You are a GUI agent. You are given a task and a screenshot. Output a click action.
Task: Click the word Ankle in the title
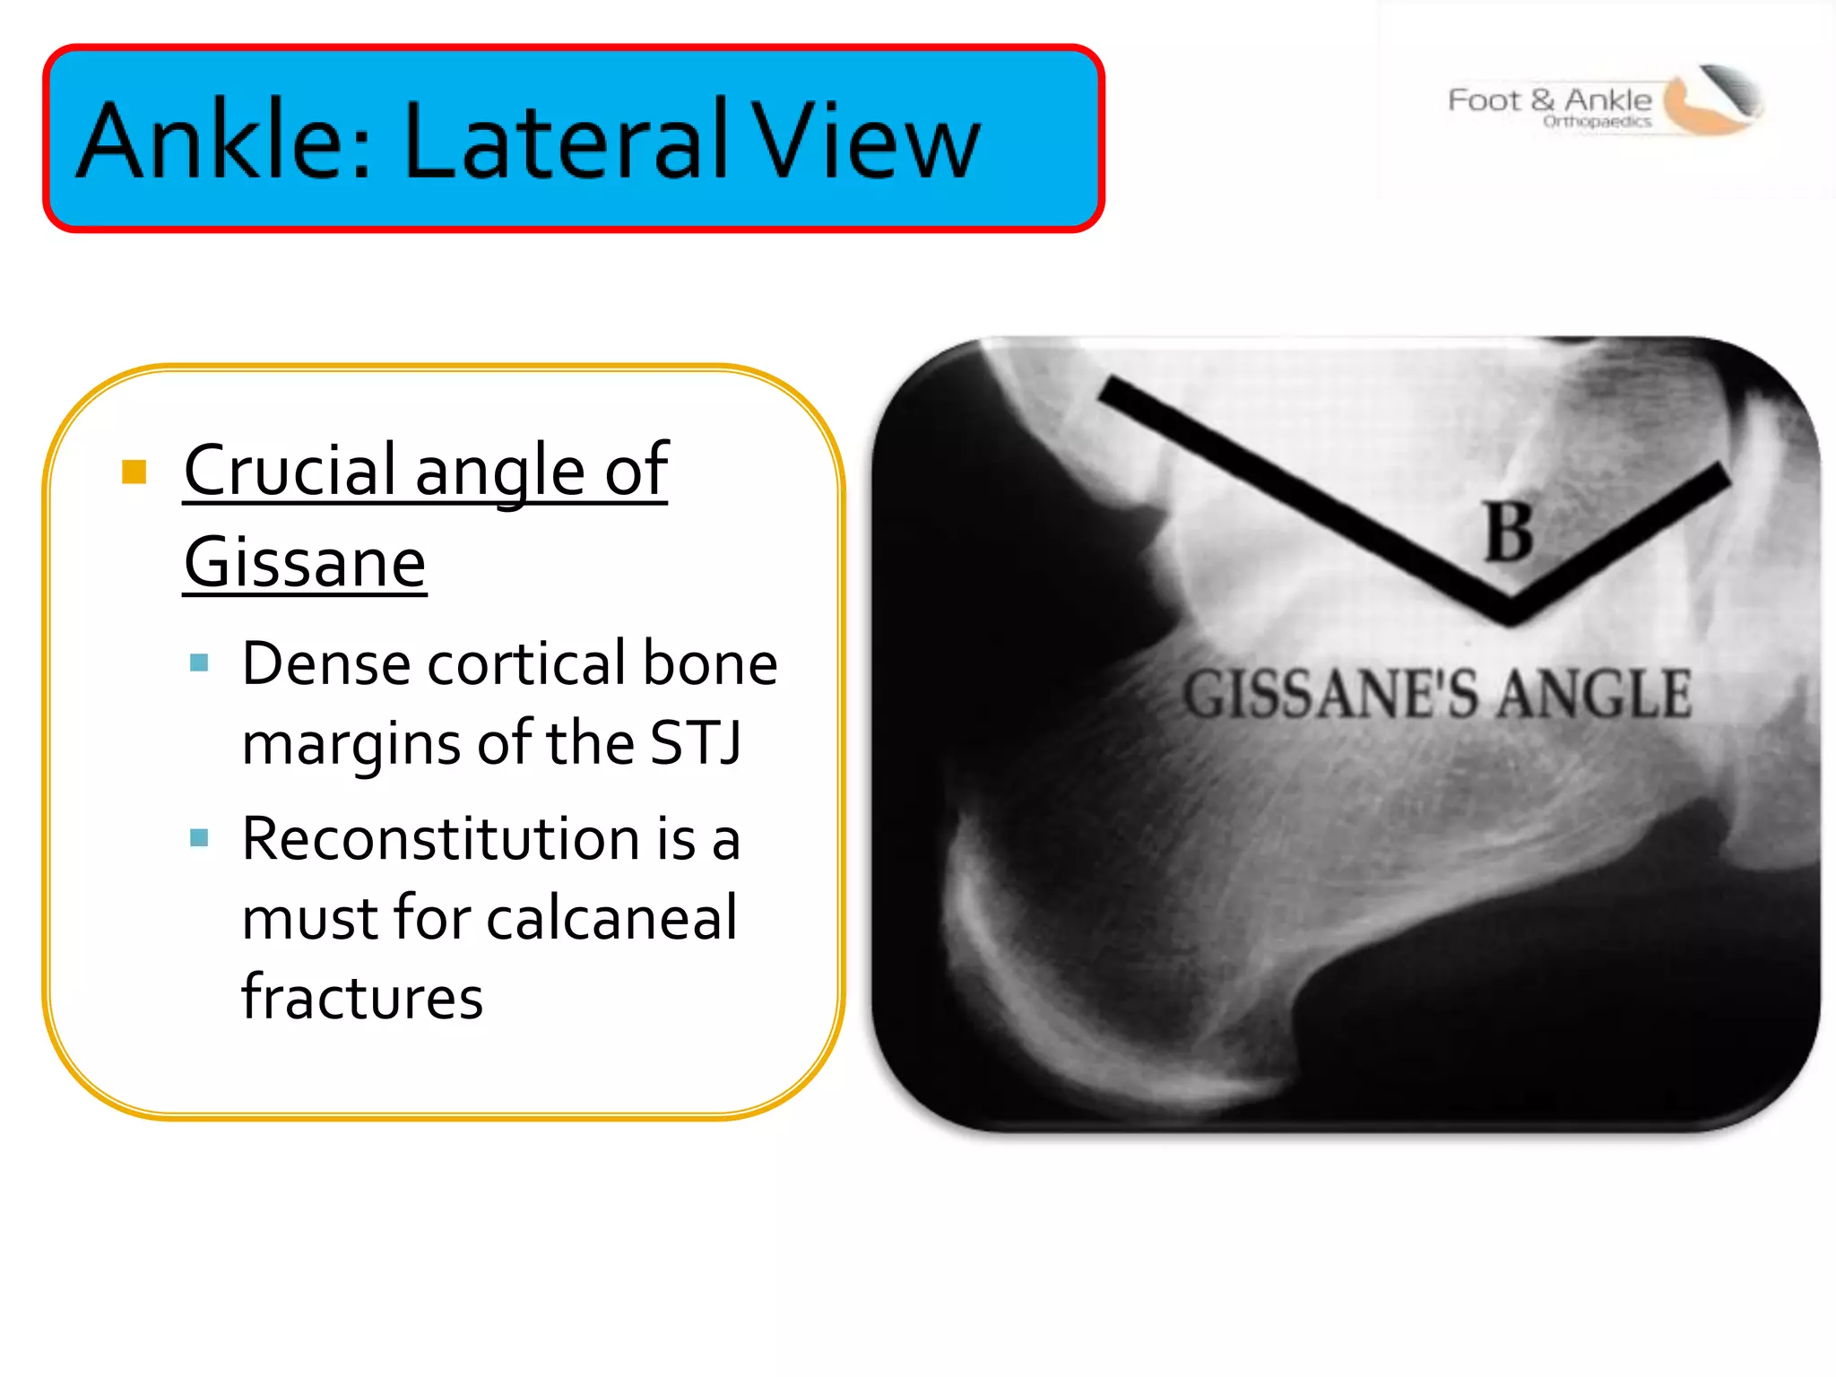pyautogui.click(x=224, y=141)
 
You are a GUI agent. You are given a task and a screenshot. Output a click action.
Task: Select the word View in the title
pyautogui.click(x=865, y=141)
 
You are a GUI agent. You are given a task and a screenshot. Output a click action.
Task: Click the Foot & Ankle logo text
pyautogui.click(x=1549, y=100)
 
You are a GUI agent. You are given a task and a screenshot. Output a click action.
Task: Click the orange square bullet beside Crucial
pyautogui.click(x=134, y=472)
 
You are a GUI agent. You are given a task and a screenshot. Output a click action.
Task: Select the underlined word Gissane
pyautogui.click(x=305, y=563)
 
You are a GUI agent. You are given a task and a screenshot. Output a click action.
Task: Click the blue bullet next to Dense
pyautogui.click(x=199, y=663)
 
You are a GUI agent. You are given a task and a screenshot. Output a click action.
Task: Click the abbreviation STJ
pyautogui.click(x=696, y=743)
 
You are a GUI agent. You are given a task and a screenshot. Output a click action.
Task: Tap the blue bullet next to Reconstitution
pyautogui.click(x=199, y=838)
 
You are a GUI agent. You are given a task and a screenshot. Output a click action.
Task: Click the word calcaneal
pyautogui.click(x=611, y=918)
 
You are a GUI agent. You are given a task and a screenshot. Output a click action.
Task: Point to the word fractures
pyautogui.click(x=362, y=997)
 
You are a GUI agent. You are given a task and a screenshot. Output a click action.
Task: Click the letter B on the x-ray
pyautogui.click(x=1509, y=532)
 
